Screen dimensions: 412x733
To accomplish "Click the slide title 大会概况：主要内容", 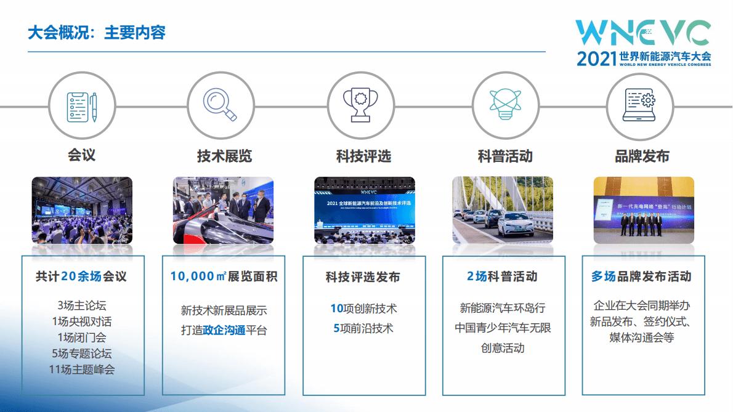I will tap(97, 33).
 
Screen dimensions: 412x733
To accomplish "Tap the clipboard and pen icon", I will tap(81, 107).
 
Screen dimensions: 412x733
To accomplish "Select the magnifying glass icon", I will tap(221, 107).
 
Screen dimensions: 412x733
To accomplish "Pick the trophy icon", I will tap(360, 107).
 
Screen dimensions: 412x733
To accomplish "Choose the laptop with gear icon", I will tap(639, 107).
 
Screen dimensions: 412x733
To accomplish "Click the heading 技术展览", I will tap(224, 156).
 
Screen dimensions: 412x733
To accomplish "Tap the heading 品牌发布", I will tap(642, 156).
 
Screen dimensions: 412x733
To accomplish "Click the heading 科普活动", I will tap(504, 156).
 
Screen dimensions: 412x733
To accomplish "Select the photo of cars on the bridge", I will tap(503, 210).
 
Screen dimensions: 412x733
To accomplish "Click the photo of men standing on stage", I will tap(643, 210).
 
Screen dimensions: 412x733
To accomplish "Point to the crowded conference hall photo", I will tap(82, 210).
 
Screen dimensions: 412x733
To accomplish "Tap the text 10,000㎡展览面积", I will tap(224, 277).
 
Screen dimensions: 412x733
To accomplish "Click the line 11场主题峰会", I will tap(82, 370).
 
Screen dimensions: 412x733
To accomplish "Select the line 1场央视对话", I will tap(82, 321).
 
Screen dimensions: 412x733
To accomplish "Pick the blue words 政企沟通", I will tap(224, 330).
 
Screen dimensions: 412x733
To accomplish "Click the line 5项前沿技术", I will tap(363, 328).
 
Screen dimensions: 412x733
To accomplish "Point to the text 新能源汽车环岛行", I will tap(503, 308).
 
